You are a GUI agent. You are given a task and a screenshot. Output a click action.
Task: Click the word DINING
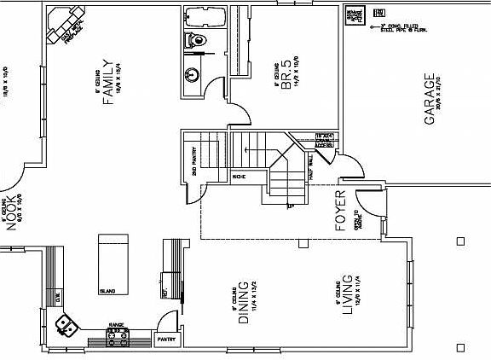(243, 303)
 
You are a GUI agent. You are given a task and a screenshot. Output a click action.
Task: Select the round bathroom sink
(194, 74)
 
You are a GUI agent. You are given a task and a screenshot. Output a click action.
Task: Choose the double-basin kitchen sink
(66, 323)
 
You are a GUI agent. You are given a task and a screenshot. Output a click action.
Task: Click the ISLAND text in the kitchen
(108, 291)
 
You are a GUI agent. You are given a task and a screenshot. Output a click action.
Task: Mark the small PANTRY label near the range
(165, 339)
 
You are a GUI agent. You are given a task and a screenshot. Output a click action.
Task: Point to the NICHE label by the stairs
(240, 177)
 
